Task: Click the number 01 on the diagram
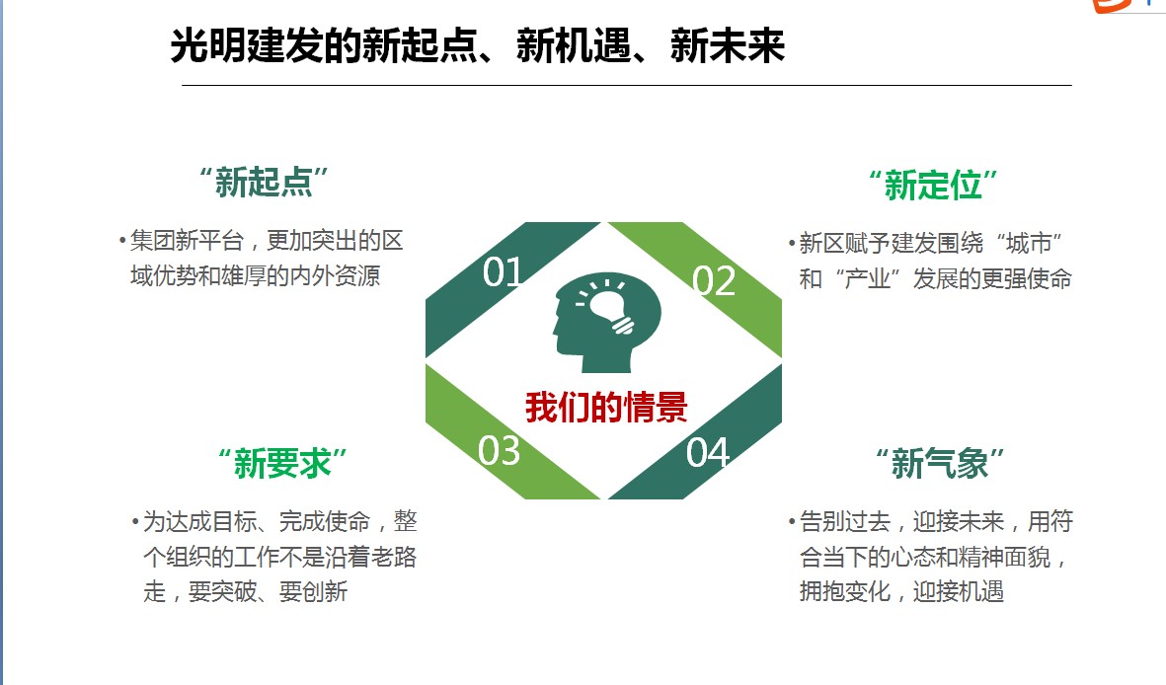tap(502, 271)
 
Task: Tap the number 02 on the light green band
tap(714, 280)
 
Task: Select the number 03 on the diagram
tap(499, 451)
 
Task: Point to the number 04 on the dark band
tap(707, 452)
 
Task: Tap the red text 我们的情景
tap(606, 407)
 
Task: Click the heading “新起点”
tap(264, 183)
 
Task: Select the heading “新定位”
tap(933, 185)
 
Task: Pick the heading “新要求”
tap(282, 463)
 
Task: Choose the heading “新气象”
tap(940, 463)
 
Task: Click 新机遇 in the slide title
tap(573, 45)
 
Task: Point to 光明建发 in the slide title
tap(247, 45)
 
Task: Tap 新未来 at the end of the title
tap(728, 45)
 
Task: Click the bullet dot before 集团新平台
tap(122, 241)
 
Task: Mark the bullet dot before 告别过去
tap(792, 522)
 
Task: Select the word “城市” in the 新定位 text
tap(1029, 243)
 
